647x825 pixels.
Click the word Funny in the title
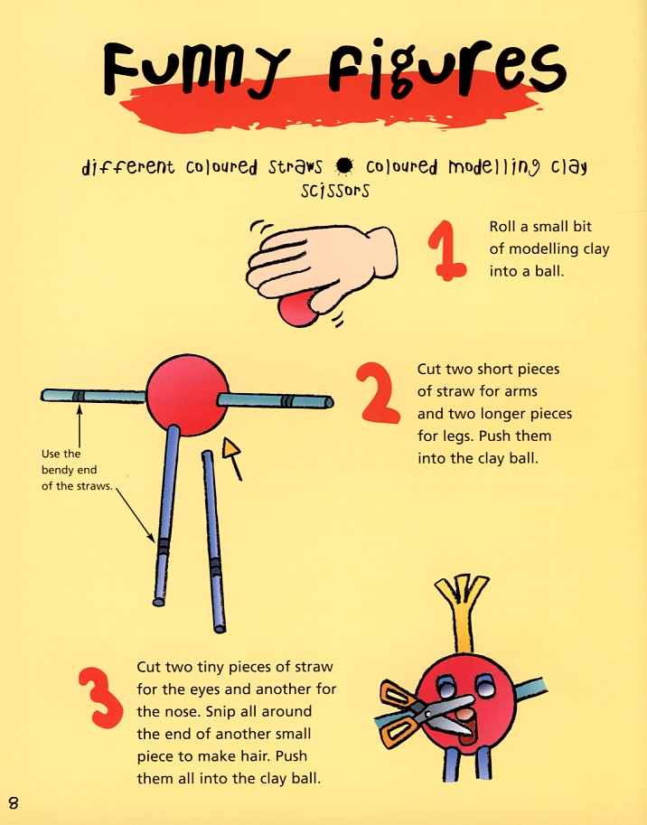click(x=196, y=69)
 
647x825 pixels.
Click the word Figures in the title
click(x=447, y=68)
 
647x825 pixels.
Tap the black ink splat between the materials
click(x=344, y=166)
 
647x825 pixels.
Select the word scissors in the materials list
click(x=335, y=190)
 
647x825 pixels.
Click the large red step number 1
click(x=446, y=250)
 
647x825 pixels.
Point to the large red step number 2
click(x=377, y=392)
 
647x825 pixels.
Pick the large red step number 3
click(x=100, y=698)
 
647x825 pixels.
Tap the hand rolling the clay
click(x=321, y=266)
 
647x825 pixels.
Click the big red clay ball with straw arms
click(x=187, y=395)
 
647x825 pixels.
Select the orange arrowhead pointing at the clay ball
click(x=231, y=449)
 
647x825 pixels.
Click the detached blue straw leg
click(x=213, y=541)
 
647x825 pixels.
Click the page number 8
click(x=14, y=803)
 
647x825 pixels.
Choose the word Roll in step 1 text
click(x=502, y=227)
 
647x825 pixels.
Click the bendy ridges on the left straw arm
click(x=79, y=396)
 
